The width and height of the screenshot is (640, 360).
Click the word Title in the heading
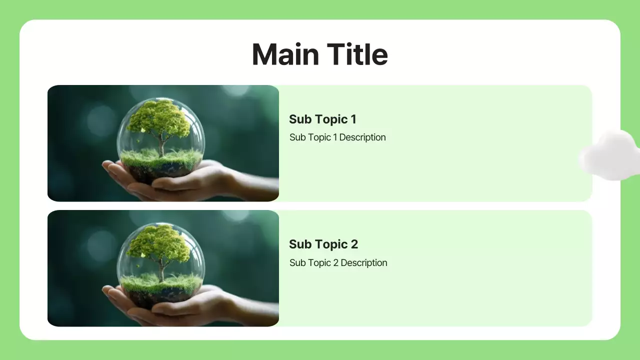point(357,54)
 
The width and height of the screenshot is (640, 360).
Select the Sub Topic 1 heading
point(322,119)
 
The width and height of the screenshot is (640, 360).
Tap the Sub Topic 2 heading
point(323,244)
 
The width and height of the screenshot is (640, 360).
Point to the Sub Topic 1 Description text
point(337,137)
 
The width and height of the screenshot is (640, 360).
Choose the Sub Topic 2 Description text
point(338,262)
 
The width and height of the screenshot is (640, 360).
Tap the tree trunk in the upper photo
point(161,146)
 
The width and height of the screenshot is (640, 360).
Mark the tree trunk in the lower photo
point(161,271)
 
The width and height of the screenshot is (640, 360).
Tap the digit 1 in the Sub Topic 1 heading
point(353,119)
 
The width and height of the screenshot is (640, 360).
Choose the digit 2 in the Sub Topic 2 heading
point(354,244)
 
